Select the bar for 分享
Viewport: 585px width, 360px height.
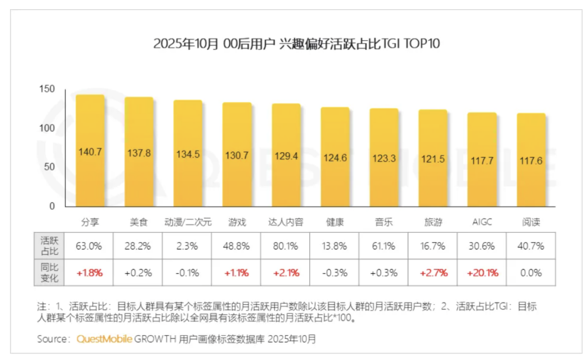coord(90,152)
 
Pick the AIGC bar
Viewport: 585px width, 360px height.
coord(482,160)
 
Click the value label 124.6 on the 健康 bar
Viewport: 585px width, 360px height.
coord(335,159)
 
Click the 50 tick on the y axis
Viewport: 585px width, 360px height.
coord(50,167)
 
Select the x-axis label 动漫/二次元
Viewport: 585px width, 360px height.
coord(188,222)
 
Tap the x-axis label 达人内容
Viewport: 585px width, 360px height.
coord(286,222)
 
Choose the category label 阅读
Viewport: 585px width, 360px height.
coord(531,222)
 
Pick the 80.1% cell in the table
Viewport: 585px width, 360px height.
coord(285,246)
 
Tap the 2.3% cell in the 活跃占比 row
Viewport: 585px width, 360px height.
coord(188,246)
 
